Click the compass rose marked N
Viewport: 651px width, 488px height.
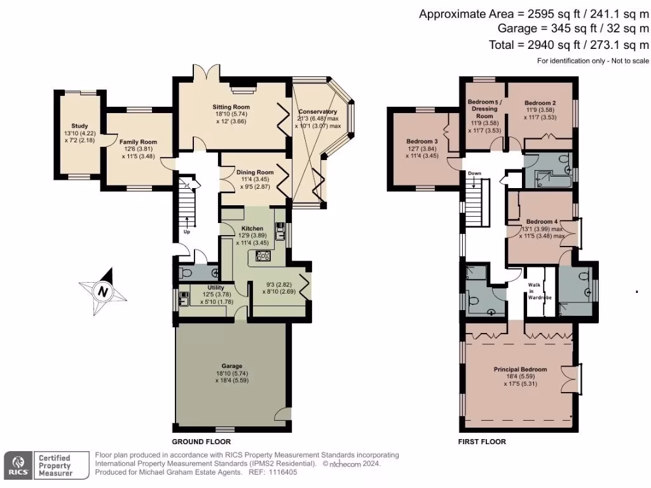[x=102, y=292]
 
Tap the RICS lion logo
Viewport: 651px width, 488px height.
[x=17, y=464]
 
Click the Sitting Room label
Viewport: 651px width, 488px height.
[x=231, y=107]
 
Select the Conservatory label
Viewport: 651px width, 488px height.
[x=317, y=112]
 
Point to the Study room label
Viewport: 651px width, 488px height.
[x=80, y=126]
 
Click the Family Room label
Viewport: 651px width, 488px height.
[x=139, y=142]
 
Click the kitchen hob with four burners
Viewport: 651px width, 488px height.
[x=263, y=256]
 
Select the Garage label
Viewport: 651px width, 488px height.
[x=232, y=367]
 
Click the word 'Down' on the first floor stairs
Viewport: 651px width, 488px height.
[x=474, y=173]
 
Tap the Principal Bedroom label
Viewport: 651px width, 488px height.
[x=520, y=369]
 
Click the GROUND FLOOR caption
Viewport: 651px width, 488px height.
[x=202, y=442]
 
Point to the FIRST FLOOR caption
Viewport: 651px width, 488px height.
[x=482, y=442]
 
